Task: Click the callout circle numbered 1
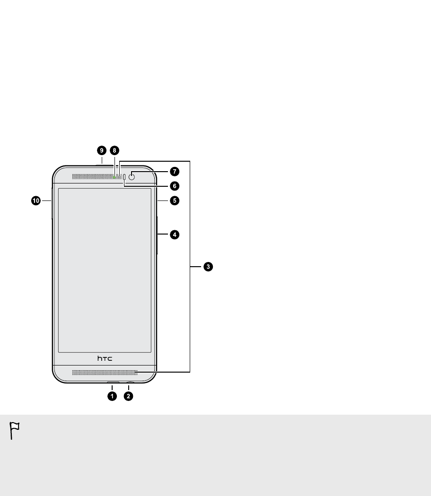click(112, 396)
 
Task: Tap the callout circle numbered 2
click(128, 396)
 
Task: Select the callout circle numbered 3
click(208, 267)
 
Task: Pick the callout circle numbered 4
click(175, 234)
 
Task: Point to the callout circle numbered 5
click(175, 200)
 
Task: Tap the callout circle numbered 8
click(114, 150)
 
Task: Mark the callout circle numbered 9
click(101, 150)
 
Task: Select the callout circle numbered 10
click(35, 200)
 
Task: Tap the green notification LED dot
click(115, 177)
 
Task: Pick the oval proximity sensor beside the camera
click(124, 177)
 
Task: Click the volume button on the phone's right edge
click(157, 234)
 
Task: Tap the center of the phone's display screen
click(105, 270)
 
